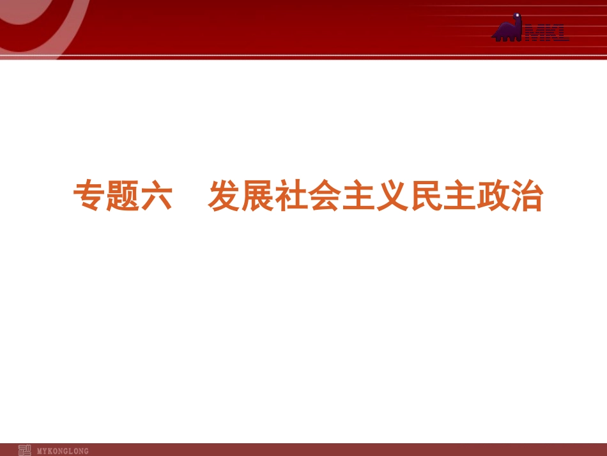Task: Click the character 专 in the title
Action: [90, 197]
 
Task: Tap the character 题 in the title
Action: [123, 197]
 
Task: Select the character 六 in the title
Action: [157, 197]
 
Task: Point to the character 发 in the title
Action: [225, 197]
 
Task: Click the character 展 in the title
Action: [259, 197]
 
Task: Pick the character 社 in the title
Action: [293, 197]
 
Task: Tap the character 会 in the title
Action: [326, 197]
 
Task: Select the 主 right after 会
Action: [359, 197]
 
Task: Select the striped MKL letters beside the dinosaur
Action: [546, 34]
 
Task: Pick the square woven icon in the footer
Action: [25, 450]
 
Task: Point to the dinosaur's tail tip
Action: [493, 37]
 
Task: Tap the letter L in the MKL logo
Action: [562, 34]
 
